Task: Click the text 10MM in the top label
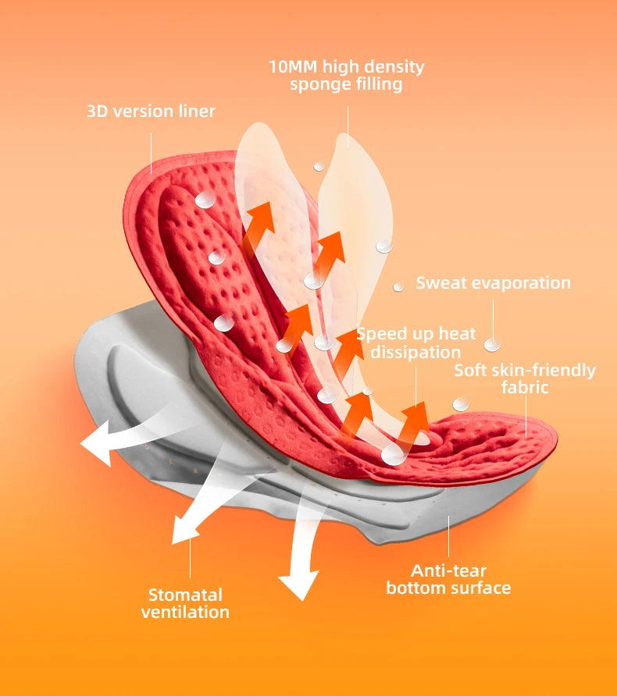tap(293, 66)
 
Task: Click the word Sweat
tap(440, 282)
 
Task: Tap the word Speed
tap(382, 334)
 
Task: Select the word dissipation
tap(415, 353)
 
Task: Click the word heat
tap(456, 334)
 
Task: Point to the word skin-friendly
tap(546, 370)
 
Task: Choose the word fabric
tap(525, 388)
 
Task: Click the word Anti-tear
tap(448, 570)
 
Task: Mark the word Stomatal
tap(185, 595)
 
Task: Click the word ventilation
tap(185, 613)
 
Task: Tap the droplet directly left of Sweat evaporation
tap(398, 286)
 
